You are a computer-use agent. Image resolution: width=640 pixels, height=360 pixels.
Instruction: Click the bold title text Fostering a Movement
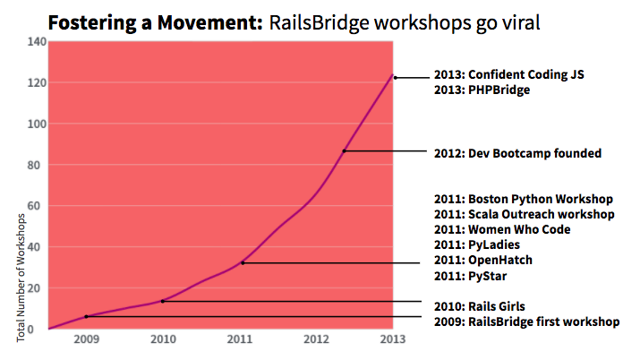click(152, 21)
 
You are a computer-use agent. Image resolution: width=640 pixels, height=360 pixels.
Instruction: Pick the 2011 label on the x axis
click(239, 340)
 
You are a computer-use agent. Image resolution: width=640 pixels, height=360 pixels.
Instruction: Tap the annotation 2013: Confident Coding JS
click(508, 75)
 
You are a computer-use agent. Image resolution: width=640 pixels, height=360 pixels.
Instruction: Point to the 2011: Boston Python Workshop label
click(522, 198)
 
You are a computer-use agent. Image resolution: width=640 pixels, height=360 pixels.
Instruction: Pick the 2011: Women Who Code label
click(500, 229)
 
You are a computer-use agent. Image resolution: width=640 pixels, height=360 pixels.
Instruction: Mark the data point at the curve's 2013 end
click(395, 77)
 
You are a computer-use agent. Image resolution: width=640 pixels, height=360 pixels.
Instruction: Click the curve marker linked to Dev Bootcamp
click(345, 150)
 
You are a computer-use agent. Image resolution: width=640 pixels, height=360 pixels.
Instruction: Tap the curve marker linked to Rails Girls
click(162, 301)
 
